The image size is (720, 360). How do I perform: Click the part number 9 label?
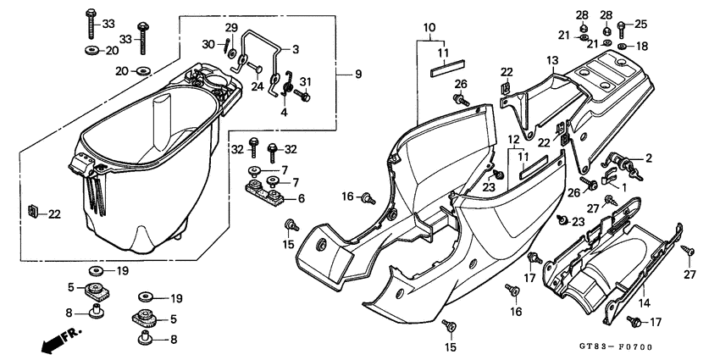pos(358,75)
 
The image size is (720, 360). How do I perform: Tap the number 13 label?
pos(551,61)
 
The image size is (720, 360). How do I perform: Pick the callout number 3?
pos(296,48)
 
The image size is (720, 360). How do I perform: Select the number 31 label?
pos(307,81)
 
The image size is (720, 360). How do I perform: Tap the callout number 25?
pos(640,24)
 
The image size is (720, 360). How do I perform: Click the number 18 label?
pos(642,46)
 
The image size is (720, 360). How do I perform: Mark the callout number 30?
pos(209,44)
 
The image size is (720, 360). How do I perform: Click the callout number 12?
pos(513,139)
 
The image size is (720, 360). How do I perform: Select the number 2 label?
pos(649,157)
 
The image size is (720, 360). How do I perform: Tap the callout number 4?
pos(284,112)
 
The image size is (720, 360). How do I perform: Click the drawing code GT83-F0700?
pos(616,347)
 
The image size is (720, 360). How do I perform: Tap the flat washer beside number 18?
pos(623,46)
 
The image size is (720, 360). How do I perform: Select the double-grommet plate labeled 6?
pos(267,193)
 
